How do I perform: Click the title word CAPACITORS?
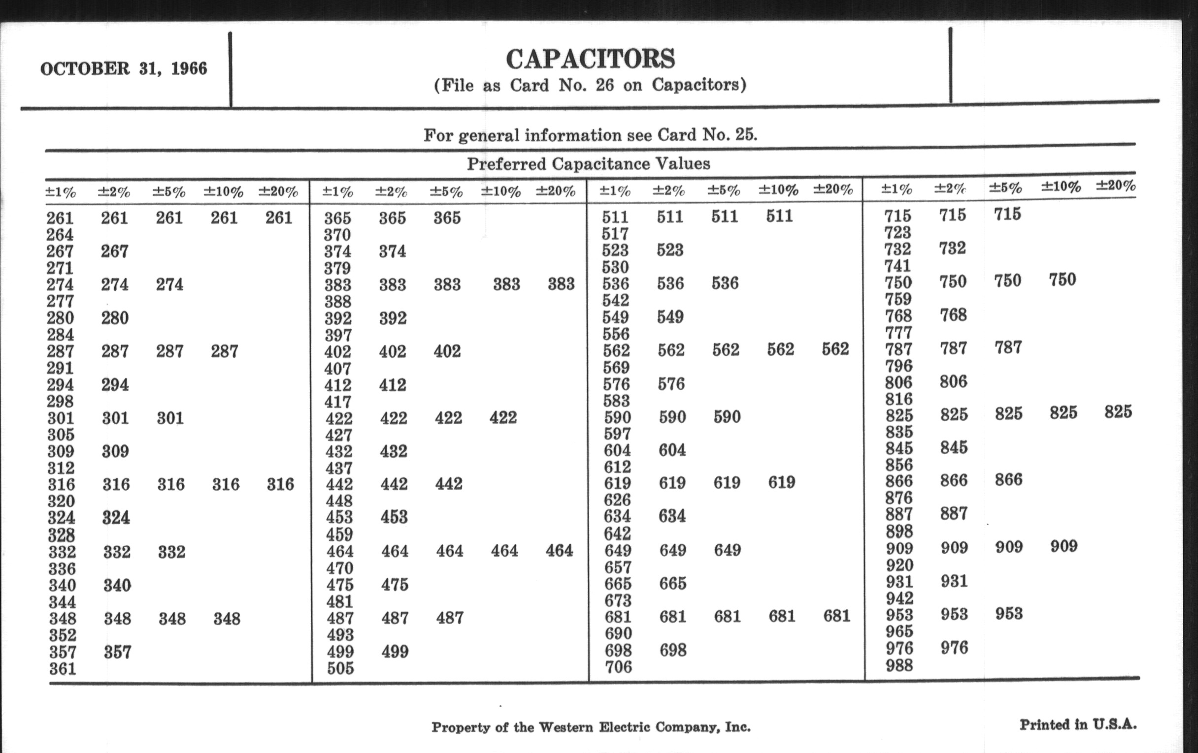pos(590,59)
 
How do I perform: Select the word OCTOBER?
pos(85,68)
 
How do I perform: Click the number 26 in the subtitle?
pos(604,86)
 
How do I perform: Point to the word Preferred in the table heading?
pos(506,164)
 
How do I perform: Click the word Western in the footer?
pos(566,727)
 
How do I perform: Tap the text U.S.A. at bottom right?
pos(1114,724)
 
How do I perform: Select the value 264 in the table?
pos(60,235)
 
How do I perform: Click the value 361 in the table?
pos(63,669)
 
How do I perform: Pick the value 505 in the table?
pos(340,668)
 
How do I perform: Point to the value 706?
pos(618,666)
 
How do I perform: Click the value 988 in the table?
pos(899,665)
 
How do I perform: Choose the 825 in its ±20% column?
pos(1118,412)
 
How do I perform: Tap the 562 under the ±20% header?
pos(835,349)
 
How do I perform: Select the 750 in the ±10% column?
pos(1062,280)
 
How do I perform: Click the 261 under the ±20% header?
pos(279,218)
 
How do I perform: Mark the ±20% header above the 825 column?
pos(1115,186)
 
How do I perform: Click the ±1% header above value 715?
pos(897,189)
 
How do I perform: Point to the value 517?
pos(615,234)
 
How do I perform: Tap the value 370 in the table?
pos(337,235)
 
